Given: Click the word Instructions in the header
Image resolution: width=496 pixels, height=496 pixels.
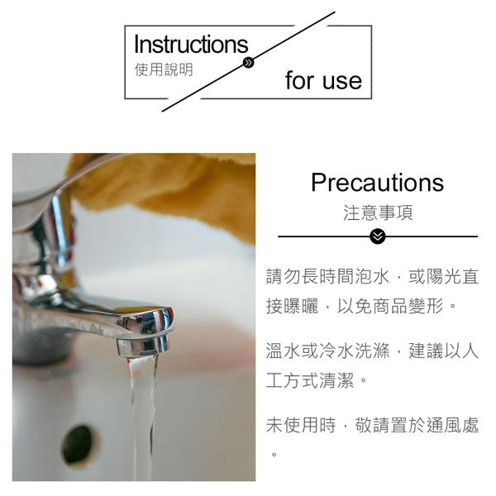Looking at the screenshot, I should [x=190, y=45].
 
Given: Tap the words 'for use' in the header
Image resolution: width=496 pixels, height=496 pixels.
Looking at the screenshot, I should [x=323, y=81].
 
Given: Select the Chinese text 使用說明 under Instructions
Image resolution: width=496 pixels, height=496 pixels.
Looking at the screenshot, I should [x=164, y=69].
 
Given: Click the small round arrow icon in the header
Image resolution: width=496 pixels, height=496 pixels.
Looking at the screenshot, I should [x=248, y=63].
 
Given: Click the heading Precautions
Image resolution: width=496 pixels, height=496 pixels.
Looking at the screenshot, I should [x=377, y=183].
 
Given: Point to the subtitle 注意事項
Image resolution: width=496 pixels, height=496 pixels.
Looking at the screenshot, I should [x=378, y=212].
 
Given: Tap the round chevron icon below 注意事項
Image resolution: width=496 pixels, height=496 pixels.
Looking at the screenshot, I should [x=378, y=236].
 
